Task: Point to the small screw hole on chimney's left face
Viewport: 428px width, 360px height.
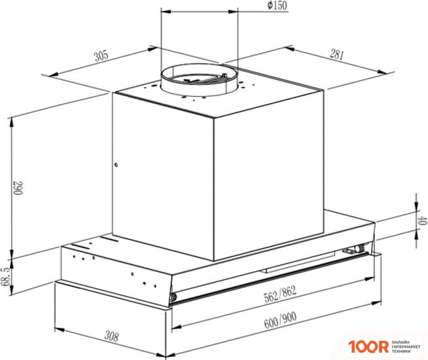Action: [x=116, y=165]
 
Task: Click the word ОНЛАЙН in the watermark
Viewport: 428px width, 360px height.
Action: [x=401, y=340]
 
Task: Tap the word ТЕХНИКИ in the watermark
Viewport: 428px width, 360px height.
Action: [x=403, y=351]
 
